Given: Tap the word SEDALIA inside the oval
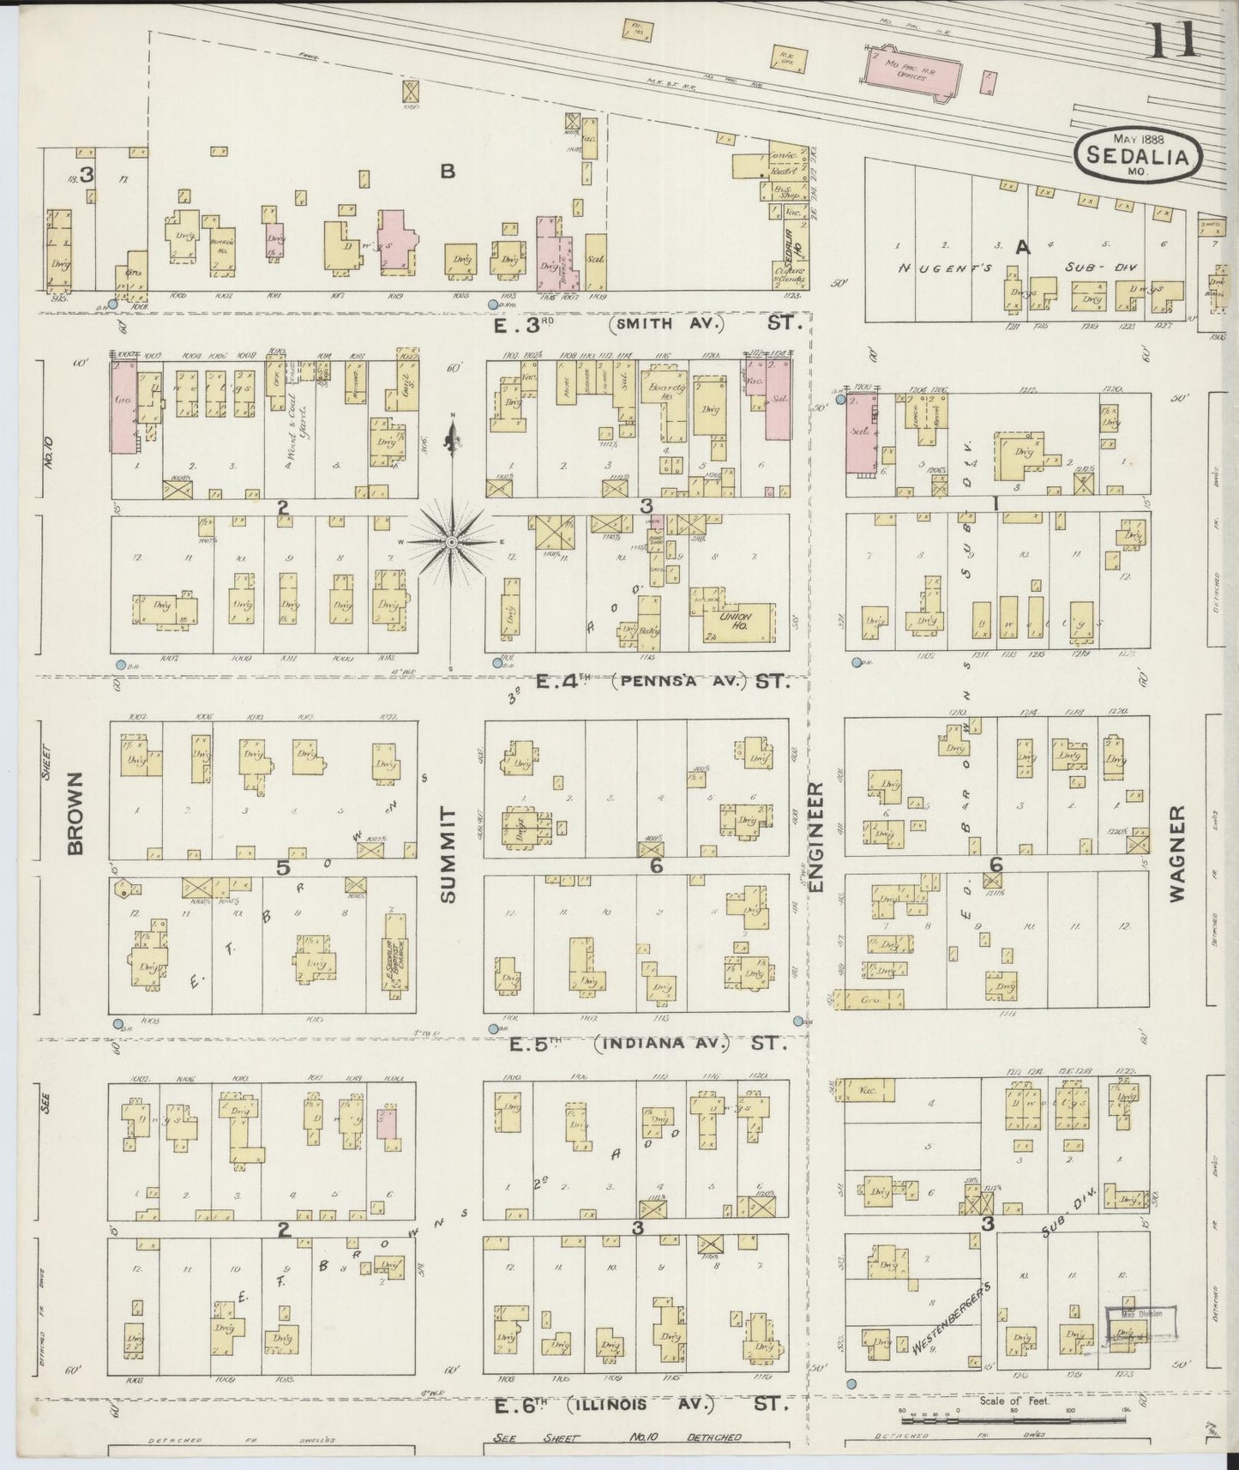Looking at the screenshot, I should pos(1137,158).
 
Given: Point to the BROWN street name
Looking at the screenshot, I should pos(75,811).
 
